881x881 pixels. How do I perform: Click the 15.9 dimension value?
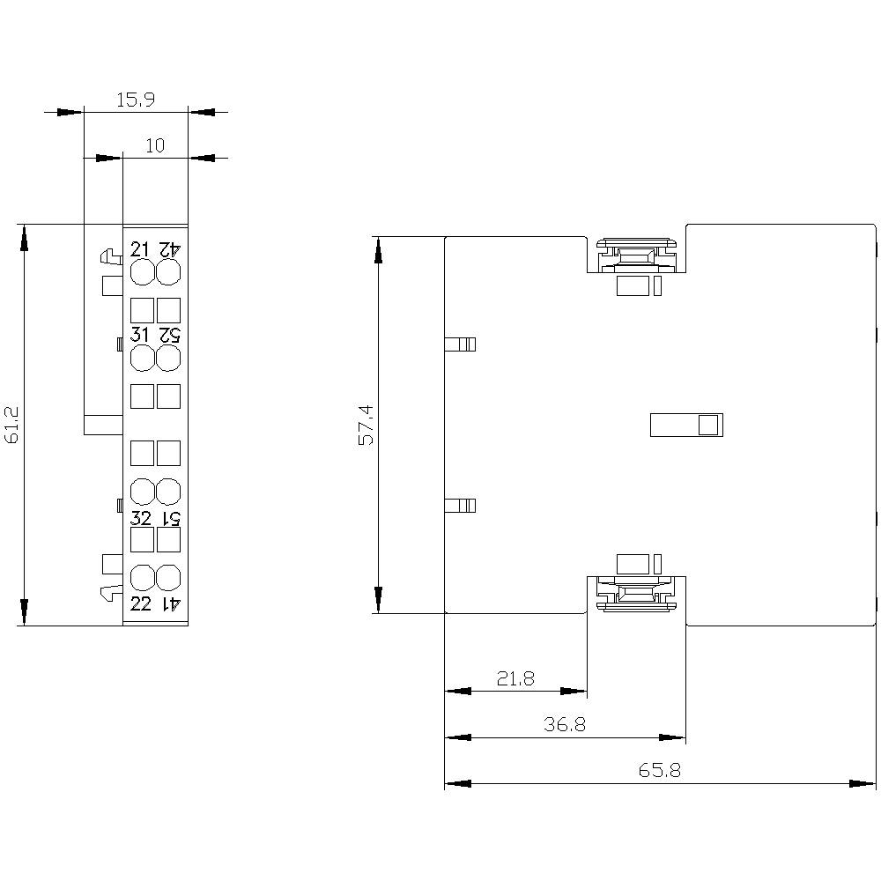136,100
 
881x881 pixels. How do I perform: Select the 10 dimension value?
155,145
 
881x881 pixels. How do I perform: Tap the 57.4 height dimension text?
366,425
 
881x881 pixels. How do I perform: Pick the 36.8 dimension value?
565,724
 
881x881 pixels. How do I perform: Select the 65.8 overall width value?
659,770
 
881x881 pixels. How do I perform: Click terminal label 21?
141,248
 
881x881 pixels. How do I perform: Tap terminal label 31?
141,335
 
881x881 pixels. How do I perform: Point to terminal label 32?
141,517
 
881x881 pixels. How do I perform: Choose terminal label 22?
141,603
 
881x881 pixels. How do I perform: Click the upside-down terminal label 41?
169,603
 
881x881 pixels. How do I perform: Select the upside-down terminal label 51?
169,517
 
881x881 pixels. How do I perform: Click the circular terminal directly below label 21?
142,272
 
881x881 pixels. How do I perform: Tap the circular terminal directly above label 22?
142,578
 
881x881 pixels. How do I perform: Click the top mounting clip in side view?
636,255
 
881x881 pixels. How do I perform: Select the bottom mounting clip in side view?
636,593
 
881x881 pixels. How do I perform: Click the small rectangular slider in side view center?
685,425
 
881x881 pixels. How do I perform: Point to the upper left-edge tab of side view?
460,344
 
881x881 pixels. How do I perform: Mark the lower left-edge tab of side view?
460,505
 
